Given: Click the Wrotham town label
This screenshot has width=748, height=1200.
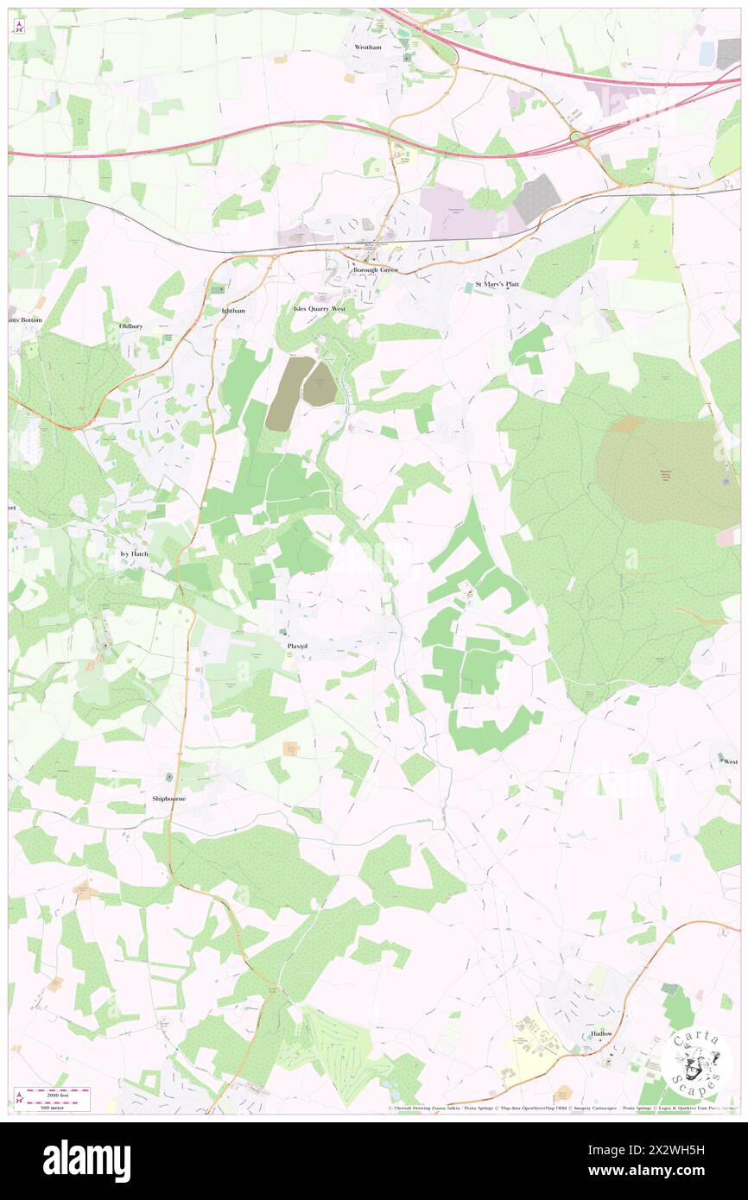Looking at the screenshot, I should (x=367, y=47).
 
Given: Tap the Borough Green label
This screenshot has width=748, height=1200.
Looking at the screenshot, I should (x=374, y=270).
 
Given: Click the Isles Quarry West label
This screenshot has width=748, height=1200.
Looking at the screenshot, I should (x=319, y=308).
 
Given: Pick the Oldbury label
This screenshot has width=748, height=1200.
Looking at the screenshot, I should (x=130, y=325).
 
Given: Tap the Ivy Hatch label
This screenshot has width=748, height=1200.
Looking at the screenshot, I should (x=134, y=553).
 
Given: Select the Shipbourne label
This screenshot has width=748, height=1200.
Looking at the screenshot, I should (x=168, y=799).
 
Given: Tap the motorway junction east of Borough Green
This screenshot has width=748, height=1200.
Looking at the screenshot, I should (x=579, y=137).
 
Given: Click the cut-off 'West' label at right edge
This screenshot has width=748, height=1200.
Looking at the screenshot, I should (x=730, y=761).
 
